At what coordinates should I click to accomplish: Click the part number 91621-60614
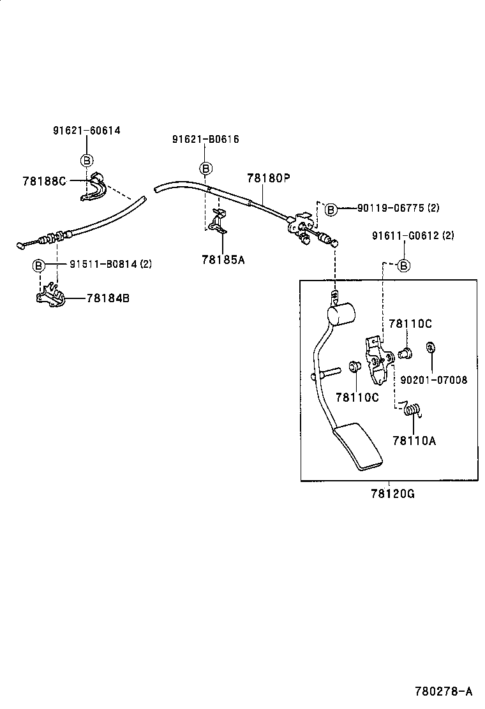coord(86,131)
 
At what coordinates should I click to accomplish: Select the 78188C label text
coord(44,181)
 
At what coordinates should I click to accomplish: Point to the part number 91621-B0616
coord(205,139)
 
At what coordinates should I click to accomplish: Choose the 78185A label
coord(223,259)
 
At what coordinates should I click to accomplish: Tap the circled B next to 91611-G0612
coord(404,265)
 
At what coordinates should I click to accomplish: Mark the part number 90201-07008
coord(434,380)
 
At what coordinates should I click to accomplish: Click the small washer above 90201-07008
coord(431,348)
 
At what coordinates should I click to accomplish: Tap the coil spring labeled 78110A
coord(413,409)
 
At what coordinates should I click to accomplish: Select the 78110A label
coord(414,441)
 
